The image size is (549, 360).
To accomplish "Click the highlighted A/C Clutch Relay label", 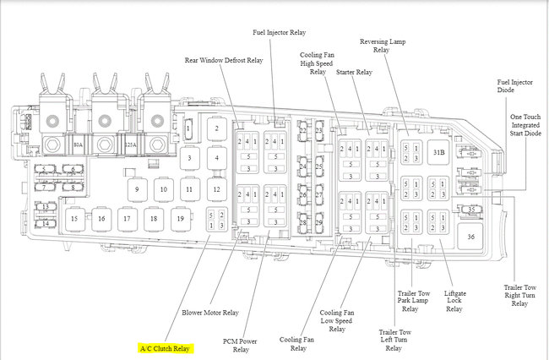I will [166, 347].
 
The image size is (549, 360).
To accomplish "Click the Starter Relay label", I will [355, 73].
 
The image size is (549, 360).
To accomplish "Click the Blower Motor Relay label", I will [209, 311].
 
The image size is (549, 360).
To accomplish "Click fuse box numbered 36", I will [470, 236].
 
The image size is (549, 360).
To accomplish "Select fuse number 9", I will [136, 189].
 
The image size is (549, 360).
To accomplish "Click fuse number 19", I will [179, 218].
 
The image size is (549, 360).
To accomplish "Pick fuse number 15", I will [74, 218].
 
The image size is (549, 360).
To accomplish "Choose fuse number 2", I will [217, 128].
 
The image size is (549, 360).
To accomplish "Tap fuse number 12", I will [216, 189].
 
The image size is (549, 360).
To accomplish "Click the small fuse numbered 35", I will [472, 210].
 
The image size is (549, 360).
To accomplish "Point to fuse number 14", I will [46, 223].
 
